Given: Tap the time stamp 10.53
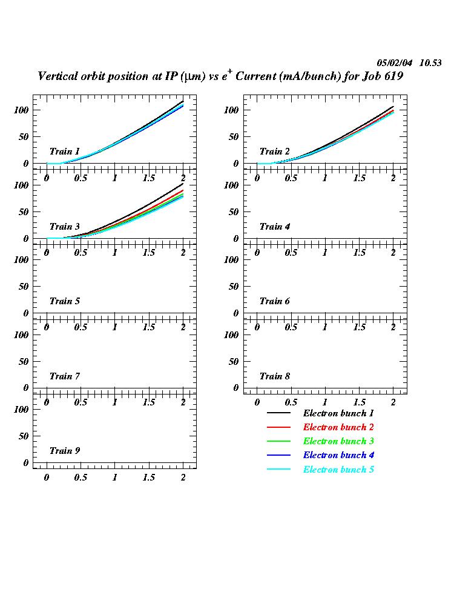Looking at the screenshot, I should pyautogui.click(x=430, y=62).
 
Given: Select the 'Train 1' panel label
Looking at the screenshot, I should pyautogui.click(x=64, y=151).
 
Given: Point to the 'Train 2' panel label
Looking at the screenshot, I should pyautogui.click(x=275, y=151).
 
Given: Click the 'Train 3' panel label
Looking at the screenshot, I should pyautogui.click(x=64, y=227).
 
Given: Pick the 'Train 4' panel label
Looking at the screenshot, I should pyautogui.click(x=275, y=227).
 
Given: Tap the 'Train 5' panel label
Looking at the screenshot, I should pyautogui.click(x=64, y=301).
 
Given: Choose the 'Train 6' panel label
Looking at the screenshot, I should pyautogui.click(x=275, y=301).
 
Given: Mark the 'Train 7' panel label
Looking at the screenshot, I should pyautogui.click(x=64, y=376).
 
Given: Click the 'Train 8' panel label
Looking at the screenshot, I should pyautogui.click(x=275, y=376).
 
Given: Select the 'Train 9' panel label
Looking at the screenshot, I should pyautogui.click(x=64, y=451).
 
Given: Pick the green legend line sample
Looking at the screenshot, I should pyautogui.click(x=279, y=442).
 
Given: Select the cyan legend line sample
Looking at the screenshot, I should pyautogui.click(x=279, y=470).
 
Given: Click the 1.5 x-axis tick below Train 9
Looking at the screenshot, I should pyautogui.click(x=148, y=478).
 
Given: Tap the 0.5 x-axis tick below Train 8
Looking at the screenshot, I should pyautogui.click(x=291, y=402).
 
